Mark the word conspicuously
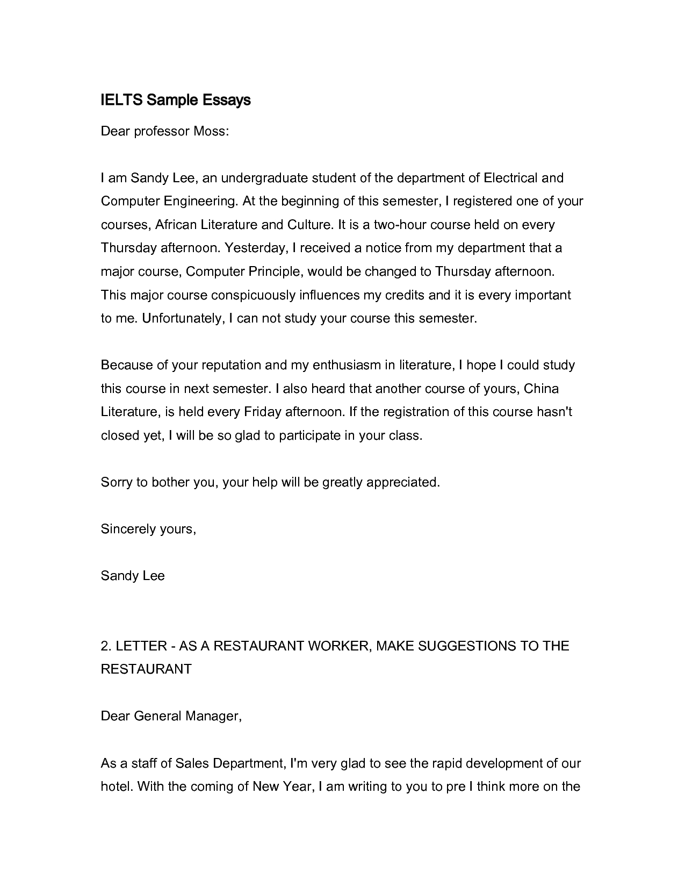point(253,295)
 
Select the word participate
point(310,435)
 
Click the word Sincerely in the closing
point(128,529)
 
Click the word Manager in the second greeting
point(213,716)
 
